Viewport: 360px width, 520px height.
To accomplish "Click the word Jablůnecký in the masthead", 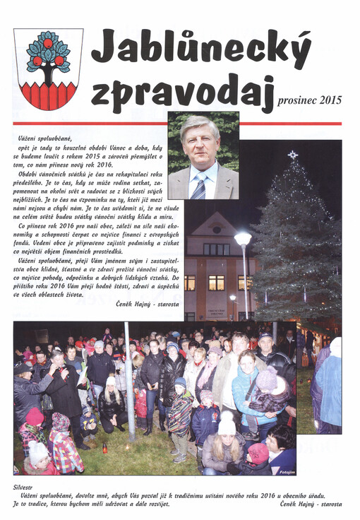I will pos(200,50).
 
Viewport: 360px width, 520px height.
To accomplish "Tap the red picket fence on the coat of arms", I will pos(48,94).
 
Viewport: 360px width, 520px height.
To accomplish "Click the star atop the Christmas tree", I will pos(292,154).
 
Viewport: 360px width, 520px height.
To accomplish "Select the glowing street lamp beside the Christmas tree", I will pos(243,239).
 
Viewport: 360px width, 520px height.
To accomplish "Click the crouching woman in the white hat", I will pos(112,408).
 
